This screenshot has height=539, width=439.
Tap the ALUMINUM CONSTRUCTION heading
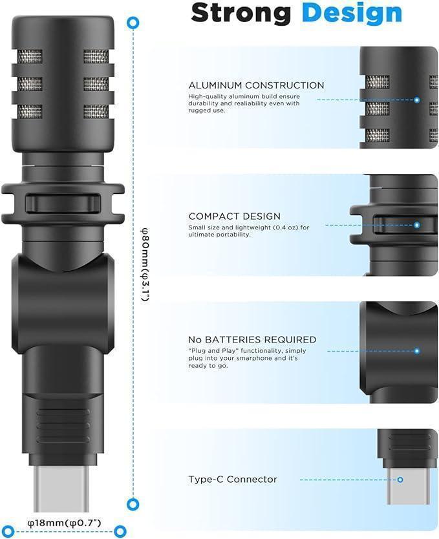256,85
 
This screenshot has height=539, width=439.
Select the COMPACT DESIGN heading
235,217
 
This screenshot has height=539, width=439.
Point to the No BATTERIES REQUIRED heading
252,339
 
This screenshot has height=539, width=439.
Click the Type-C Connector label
233,480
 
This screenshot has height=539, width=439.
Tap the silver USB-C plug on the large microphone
59,487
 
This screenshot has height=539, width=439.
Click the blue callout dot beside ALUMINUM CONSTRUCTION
417,100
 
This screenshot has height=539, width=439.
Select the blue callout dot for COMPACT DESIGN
417,225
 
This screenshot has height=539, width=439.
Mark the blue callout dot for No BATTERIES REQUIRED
417,351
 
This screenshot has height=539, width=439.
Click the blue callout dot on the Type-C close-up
400,480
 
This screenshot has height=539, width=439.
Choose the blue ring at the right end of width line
117,529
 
